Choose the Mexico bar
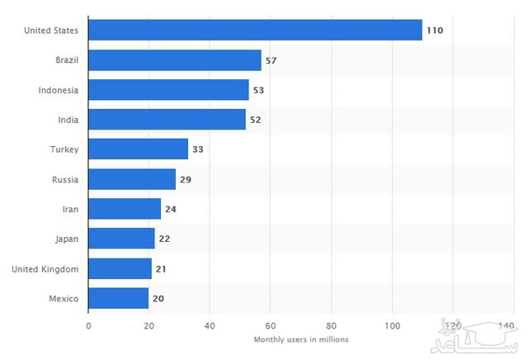coord(118,298)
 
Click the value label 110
coord(435,31)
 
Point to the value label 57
coord(271,60)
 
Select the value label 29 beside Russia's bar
coord(186,179)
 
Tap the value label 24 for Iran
coord(171,209)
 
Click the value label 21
coord(162,268)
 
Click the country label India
coord(68,120)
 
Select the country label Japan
coord(66,239)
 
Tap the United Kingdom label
coord(49,268)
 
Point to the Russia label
coord(64,179)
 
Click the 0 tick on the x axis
coord(88,324)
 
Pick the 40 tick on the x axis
coord(210,324)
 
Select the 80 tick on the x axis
coord(332,324)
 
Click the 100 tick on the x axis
coord(392,324)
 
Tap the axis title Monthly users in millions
coord(300,339)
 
